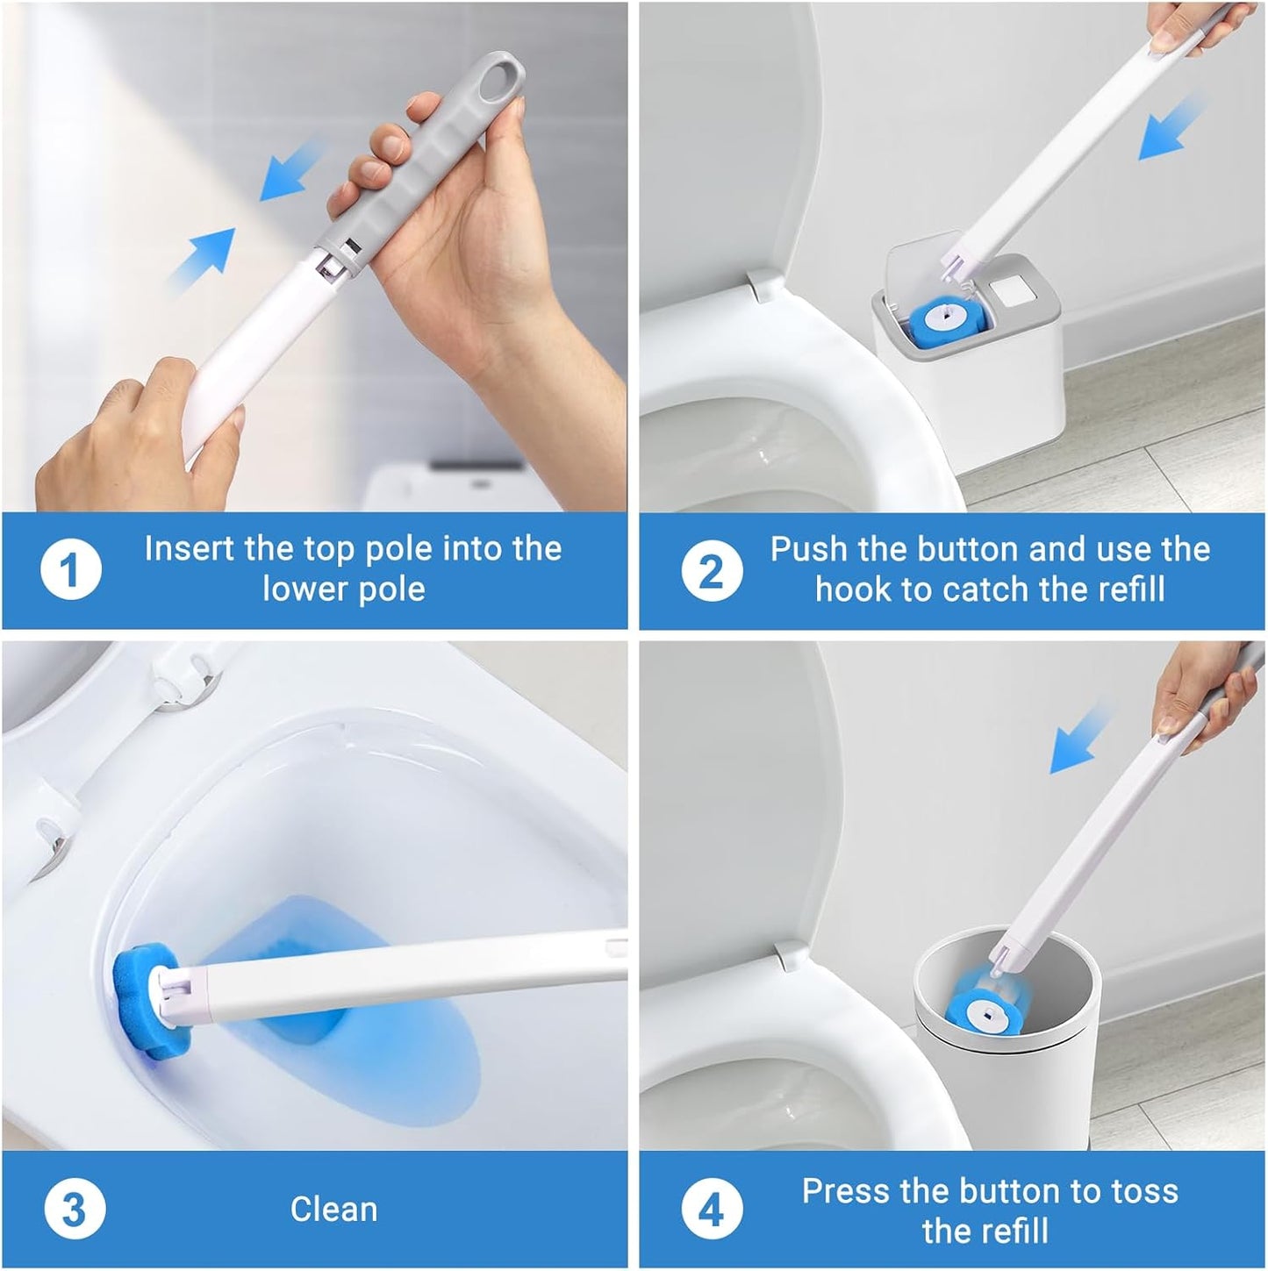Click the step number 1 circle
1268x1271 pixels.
[x=71, y=571]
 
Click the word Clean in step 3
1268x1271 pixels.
[x=333, y=1210]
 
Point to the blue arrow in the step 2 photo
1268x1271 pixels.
[x=1171, y=129]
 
